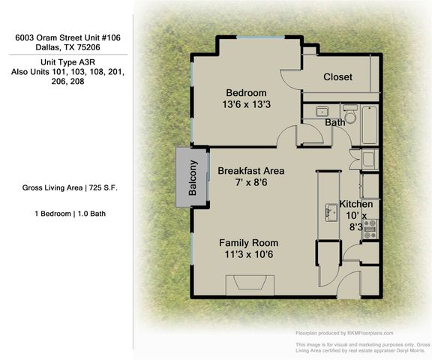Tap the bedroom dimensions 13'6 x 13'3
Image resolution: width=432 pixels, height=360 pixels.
click(247, 105)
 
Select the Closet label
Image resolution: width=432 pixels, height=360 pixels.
click(337, 77)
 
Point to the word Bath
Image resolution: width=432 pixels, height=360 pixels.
click(334, 121)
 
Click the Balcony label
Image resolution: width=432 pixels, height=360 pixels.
click(193, 178)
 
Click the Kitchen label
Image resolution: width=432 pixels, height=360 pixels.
click(355, 204)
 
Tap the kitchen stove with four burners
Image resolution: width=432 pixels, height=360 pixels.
click(369, 229)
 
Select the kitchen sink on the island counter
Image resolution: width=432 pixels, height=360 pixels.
click(329, 211)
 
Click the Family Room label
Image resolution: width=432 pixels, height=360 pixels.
click(248, 243)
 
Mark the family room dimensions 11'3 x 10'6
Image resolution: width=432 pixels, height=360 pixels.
click(248, 255)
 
